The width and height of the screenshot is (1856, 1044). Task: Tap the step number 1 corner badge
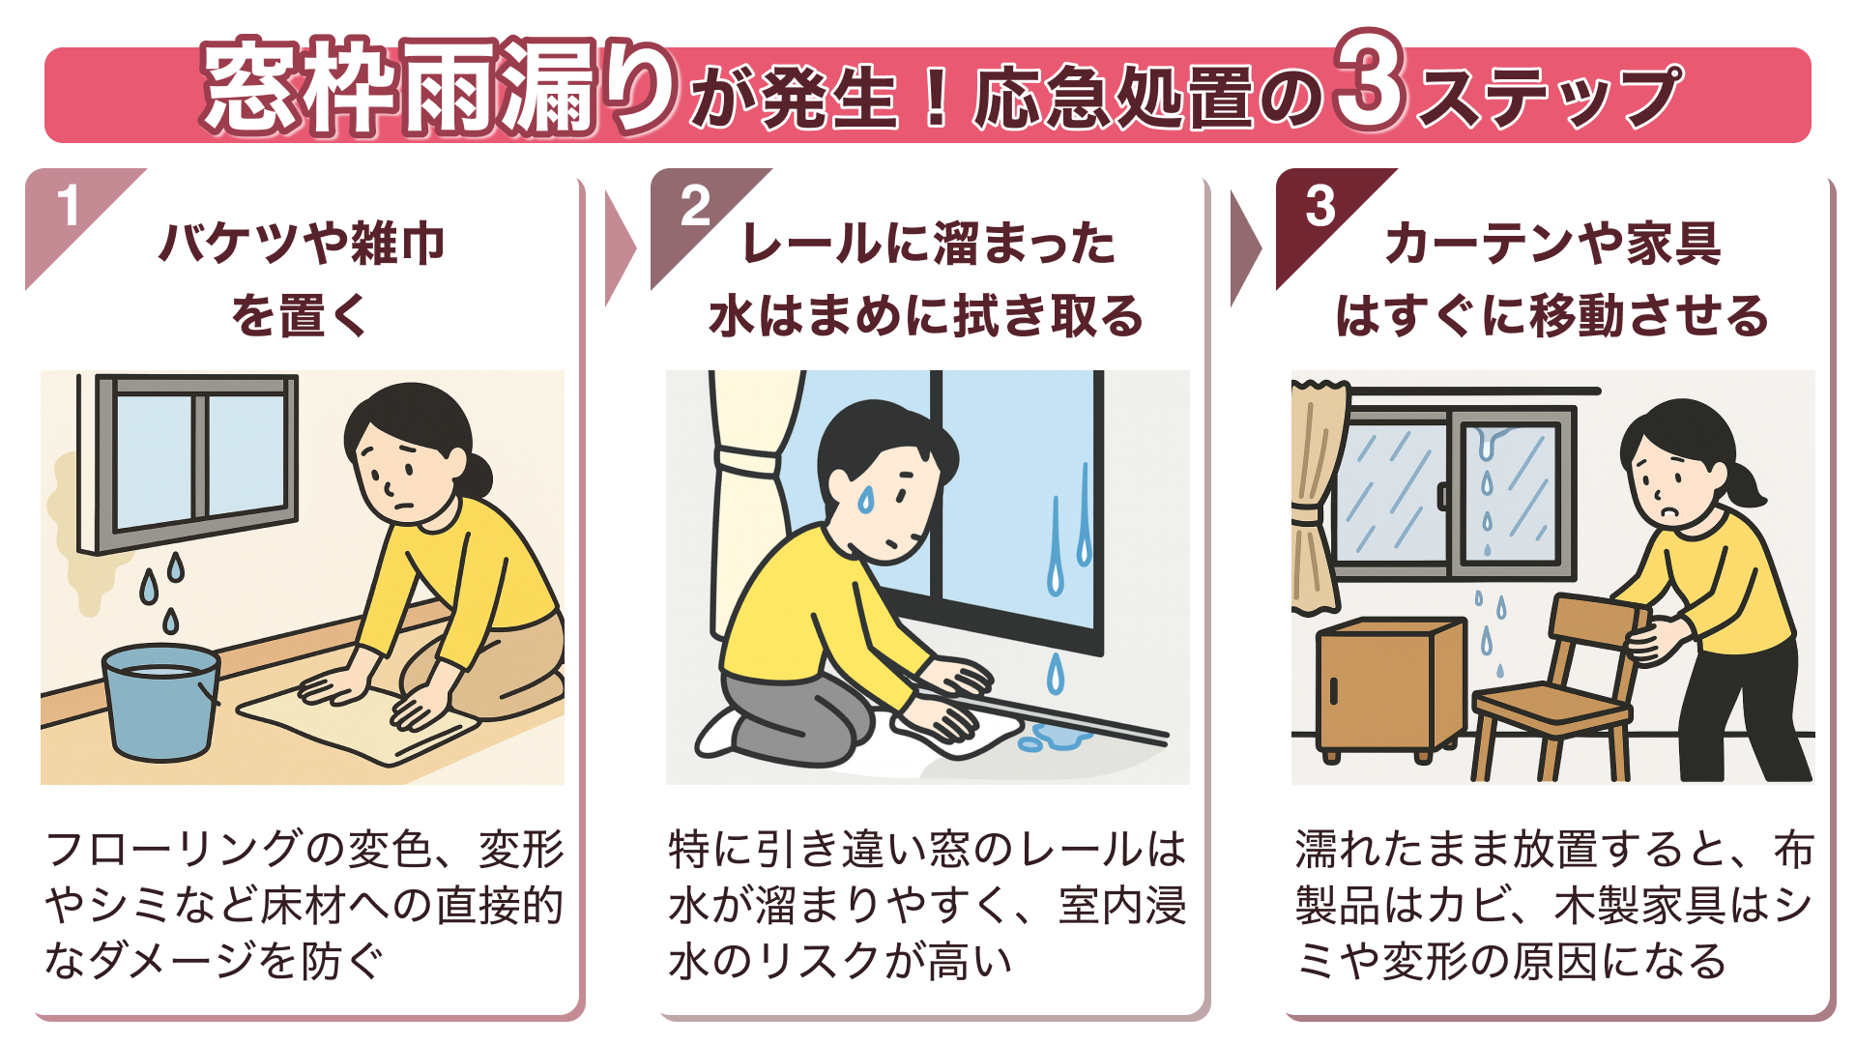[68, 206]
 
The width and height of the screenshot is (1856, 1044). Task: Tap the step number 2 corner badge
[695, 206]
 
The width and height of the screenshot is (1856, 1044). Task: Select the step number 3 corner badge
[1320, 206]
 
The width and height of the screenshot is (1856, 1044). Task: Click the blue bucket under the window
[160, 701]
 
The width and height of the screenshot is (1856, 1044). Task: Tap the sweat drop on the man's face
[866, 499]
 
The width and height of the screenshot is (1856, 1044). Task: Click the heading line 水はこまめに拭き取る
[926, 316]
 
